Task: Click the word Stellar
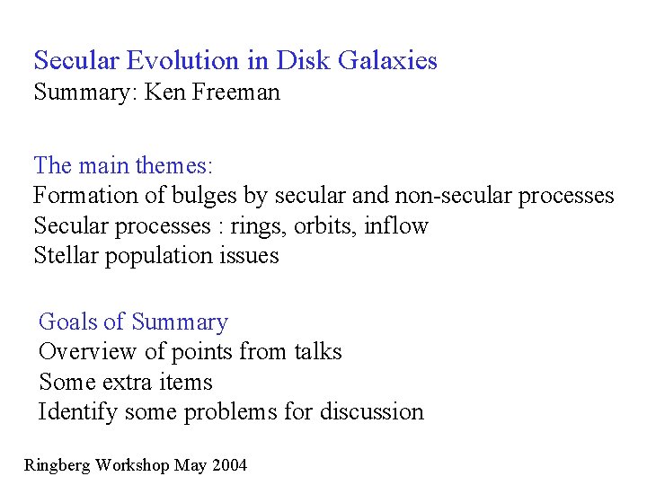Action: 66,255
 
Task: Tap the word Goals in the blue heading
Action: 68,322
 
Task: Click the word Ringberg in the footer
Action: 58,465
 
